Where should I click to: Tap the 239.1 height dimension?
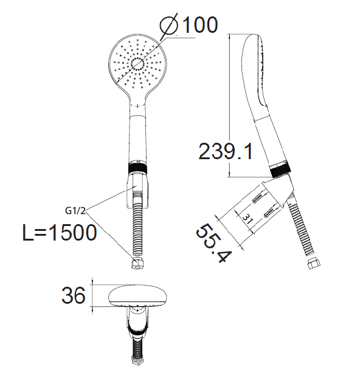[x=226, y=151]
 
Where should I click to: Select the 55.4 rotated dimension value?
[x=214, y=243]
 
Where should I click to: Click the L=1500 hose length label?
[x=60, y=233]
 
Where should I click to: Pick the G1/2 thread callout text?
[x=75, y=211]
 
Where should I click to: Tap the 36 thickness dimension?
[x=74, y=295]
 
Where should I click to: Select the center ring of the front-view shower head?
[x=137, y=64]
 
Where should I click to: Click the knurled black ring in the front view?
[x=138, y=168]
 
